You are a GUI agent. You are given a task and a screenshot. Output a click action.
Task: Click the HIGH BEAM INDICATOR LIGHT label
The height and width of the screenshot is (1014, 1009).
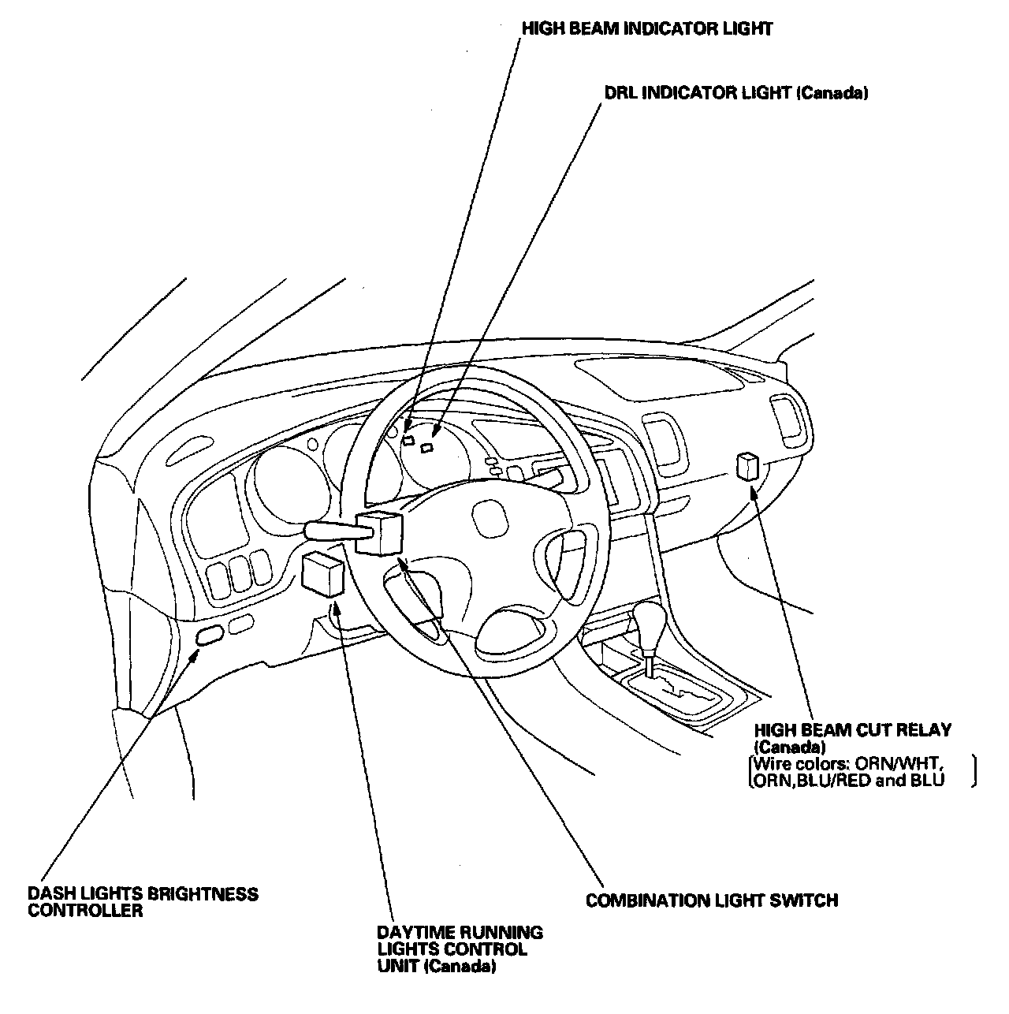[x=646, y=29]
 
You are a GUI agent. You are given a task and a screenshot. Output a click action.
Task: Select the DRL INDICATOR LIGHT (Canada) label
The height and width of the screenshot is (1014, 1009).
[x=735, y=93]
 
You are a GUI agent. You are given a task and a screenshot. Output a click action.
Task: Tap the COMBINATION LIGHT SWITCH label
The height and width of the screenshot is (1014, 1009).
[x=711, y=900]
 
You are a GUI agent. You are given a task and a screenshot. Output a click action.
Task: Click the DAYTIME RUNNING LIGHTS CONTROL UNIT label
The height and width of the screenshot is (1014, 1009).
[x=460, y=949]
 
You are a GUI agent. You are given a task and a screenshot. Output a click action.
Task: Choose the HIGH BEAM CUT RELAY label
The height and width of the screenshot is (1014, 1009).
[x=852, y=738]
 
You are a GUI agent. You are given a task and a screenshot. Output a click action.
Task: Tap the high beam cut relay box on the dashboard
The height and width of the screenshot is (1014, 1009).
[x=747, y=467]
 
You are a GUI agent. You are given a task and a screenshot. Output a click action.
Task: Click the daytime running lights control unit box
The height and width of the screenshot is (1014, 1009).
[x=323, y=573]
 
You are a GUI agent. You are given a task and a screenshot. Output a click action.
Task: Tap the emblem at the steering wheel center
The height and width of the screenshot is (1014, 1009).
[x=489, y=522]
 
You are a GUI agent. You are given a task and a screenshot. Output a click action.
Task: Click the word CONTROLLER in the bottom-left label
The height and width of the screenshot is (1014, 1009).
[x=86, y=911]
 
